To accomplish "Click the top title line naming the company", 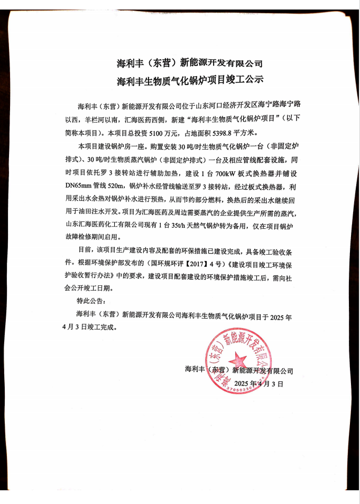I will tap(189, 64).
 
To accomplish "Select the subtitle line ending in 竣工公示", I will tap(189, 81).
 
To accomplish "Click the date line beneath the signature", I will tap(259, 383).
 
